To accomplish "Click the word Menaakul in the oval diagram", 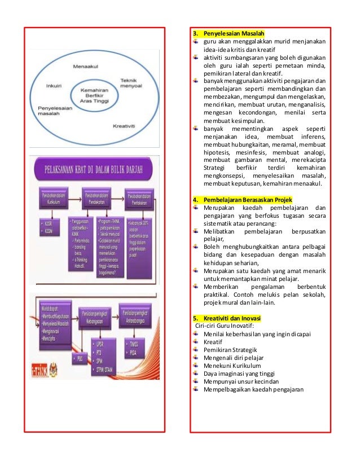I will (x=85, y=67).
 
